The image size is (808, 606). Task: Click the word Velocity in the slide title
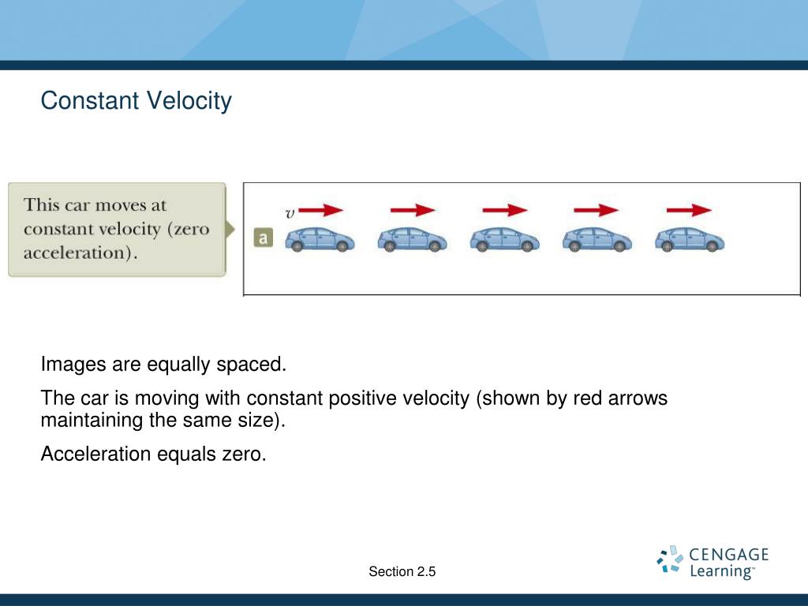(189, 101)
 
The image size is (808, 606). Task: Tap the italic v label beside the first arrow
(290, 213)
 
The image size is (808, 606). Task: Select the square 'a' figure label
(264, 238)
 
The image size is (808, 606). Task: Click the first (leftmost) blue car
(320, 240)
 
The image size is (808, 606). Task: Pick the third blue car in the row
(504, 240)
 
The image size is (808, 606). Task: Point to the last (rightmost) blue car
(690, 240)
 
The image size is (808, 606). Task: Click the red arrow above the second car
(413, 210)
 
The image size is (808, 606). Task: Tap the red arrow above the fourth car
(597, 210)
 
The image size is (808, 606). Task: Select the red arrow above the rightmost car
(689, 210)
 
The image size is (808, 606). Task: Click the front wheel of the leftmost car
(342, 247)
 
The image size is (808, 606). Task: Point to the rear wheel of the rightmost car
(667, 247)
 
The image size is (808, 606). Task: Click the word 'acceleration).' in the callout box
(80, 252)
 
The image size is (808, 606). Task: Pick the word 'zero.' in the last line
(245, 454)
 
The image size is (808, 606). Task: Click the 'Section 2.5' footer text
(402, 571)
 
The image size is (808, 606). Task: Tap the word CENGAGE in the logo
(728, 555)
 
